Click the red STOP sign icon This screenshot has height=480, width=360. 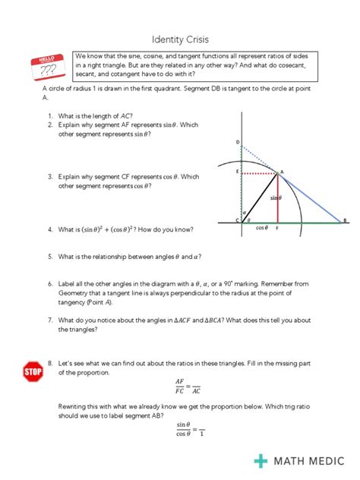[33, 371]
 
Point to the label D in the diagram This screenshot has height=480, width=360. [237, 142]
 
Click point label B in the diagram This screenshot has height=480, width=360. [344, 221]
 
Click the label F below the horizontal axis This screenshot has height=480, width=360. [276, 228]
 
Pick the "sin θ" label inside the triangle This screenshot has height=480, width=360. [275, 198]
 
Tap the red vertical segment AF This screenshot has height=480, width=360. [277, 201]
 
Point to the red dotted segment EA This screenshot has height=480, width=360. [259, 173]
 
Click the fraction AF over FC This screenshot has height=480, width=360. [180, 387]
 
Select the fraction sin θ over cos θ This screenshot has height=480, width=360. [182, 429]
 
